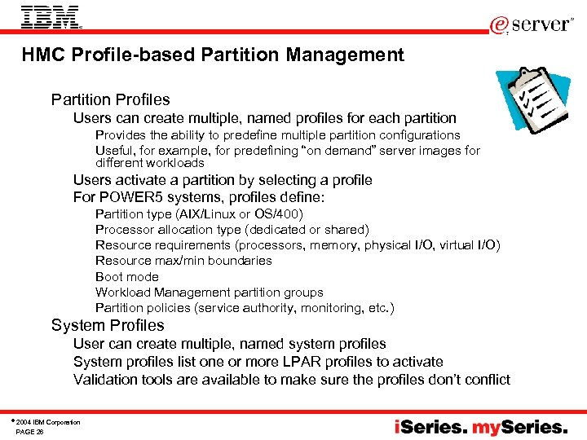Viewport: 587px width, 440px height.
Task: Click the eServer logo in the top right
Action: pos(531,24)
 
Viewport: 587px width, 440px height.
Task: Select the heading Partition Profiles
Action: pos(110,100)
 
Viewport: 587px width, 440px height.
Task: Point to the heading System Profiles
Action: pos(108,326)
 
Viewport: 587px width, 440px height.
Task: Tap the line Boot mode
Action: pos(126,277)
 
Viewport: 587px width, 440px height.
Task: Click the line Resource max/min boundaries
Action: pos(183,261)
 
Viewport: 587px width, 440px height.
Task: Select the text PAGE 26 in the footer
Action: pos(29,432)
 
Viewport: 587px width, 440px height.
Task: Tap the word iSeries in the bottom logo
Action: pos(430,427)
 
